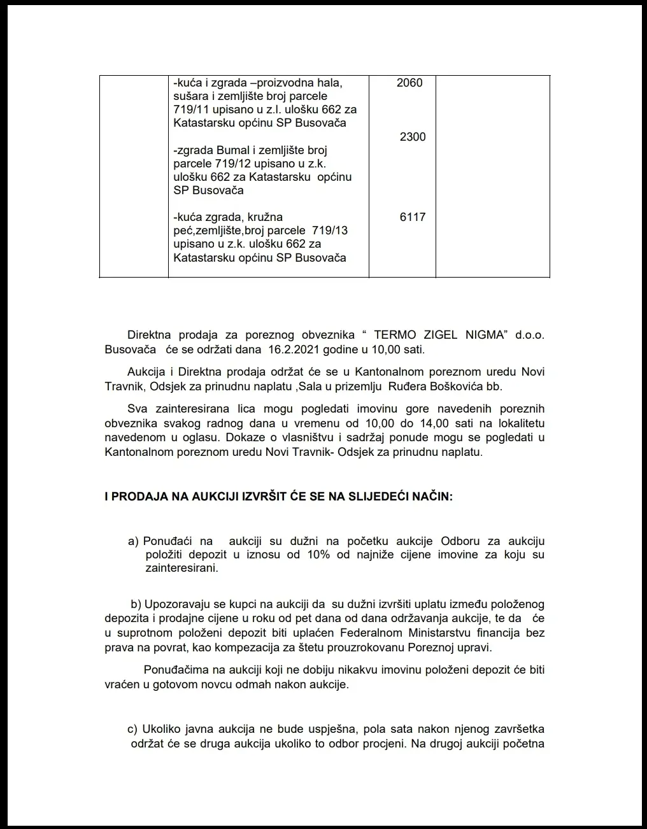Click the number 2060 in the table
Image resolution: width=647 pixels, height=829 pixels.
tap(409, 83)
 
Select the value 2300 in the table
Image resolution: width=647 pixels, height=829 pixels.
tap(413, 137)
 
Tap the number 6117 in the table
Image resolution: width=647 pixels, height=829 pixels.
tap(413, 217)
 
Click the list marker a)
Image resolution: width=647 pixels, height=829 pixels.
tap(133, 541)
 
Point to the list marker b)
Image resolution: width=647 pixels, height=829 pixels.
tap(136, 604)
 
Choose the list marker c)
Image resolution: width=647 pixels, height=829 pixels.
tap(133, 729)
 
